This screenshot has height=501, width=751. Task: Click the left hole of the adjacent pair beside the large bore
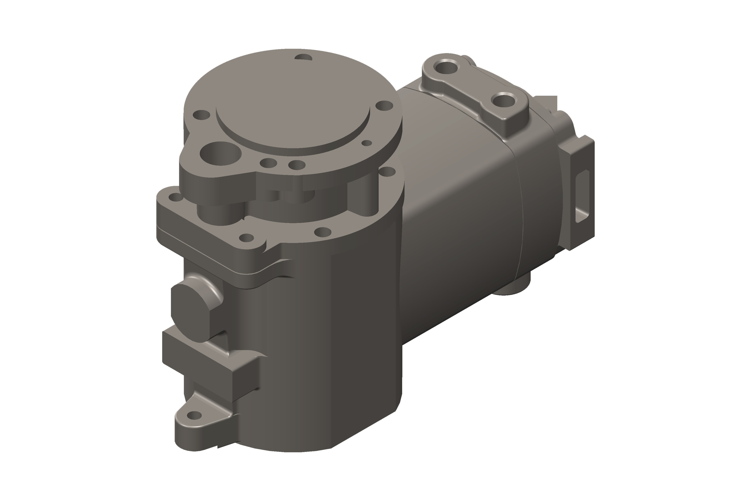coord(268,163)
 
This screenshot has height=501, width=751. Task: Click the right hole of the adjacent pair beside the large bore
coord(297,165)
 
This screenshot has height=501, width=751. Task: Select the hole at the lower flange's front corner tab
coord(246,238)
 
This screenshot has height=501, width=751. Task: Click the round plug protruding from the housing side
coord(190,314)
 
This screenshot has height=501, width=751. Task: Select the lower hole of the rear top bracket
coord(504,101)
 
